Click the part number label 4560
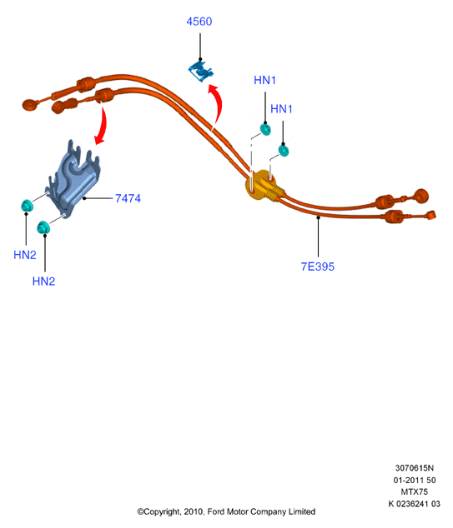click(199, 22)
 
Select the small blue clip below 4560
click(201, 70)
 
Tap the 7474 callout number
click(128, 198)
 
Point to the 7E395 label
click(317, 266)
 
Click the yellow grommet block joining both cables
click(260, 186)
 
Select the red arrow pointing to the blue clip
click(216, 105)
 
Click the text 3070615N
click(415, 468)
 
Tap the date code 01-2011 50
click(415, 481)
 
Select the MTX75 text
click(415, 492)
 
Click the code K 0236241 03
click(415, 504)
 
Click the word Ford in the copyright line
click(216, 512)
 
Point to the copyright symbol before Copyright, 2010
click(140, 512)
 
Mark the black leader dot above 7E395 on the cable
click(318, 217)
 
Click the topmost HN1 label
click(264, 80)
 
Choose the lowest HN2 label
click(43, 281)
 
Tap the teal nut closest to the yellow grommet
click(284, 151)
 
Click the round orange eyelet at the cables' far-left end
click(30, 105)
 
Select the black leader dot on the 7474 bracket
click(84, 198)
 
